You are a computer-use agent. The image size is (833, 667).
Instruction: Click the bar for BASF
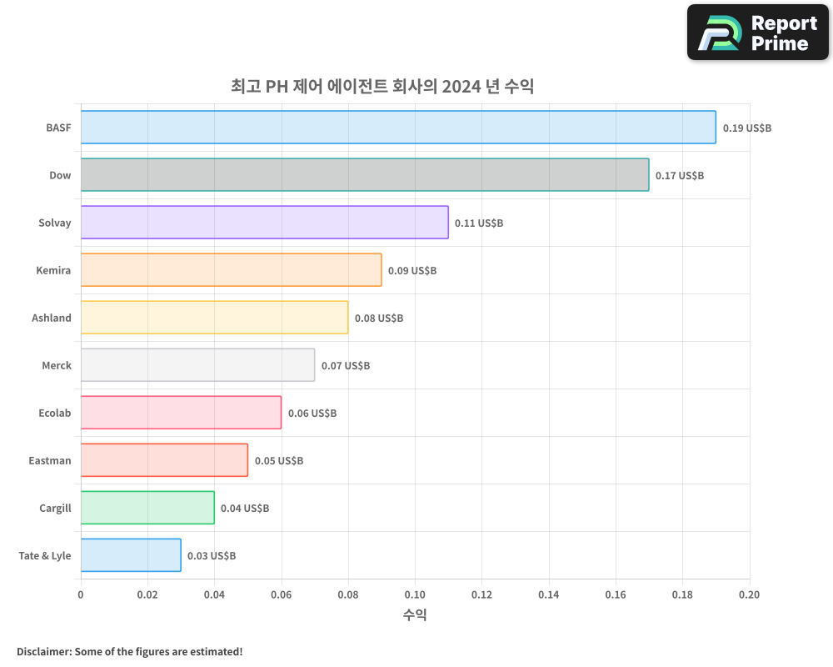click(x=398, y=128)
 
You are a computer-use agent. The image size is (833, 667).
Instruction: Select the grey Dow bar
click(x=365, y=175)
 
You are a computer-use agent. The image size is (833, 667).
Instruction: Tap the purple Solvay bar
click(x=264, y=223)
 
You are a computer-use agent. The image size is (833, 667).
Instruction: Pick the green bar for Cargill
click(x=147, y=508)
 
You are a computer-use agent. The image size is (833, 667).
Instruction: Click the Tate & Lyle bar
click(x=131, y=555)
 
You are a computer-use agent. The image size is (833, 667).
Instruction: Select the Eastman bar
click(x=164, y=460)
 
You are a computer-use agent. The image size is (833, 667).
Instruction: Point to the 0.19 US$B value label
click(x=746, y=128)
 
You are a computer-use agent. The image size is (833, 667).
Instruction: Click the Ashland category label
click(x=52, y=318)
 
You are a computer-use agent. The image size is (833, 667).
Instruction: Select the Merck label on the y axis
click(x=57, y=365)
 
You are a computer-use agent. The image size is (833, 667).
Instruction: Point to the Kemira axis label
click(x=53, y=270)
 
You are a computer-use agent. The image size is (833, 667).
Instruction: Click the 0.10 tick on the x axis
click(x=415, y=594)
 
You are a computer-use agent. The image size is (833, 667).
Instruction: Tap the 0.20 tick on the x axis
click(x=749, y=594)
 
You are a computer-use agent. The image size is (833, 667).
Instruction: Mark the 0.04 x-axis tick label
click(x=214, y=594)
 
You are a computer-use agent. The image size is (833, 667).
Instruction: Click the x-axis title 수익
click(x=415, y=614)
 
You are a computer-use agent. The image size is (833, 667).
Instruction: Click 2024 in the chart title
click(x=460, y=86)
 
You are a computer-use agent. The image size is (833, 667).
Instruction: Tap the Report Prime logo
click(x=757, y=33)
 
